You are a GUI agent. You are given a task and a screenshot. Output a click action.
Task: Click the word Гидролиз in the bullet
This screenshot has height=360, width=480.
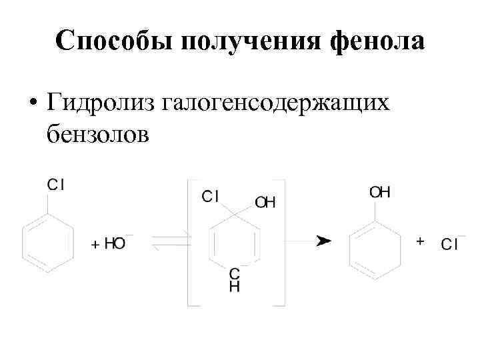[100, 103]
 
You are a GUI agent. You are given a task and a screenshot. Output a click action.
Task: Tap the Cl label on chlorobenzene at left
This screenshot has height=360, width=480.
[56, 185]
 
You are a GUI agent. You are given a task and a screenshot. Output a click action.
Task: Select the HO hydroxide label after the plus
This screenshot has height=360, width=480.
[115, 244]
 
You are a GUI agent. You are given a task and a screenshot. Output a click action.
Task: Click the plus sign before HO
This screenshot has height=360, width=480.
[95, 245]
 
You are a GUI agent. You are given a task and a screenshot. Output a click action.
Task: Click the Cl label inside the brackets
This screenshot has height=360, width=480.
[211, 196]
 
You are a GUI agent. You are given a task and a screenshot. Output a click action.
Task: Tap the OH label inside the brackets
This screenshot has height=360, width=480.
[265, 202]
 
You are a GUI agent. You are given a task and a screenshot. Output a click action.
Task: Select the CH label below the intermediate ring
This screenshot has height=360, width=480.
[234, 281]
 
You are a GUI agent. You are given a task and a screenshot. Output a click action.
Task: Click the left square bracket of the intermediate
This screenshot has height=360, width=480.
[189, 243]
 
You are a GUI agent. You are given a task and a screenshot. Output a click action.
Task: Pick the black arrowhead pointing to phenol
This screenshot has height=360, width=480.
[323, 241]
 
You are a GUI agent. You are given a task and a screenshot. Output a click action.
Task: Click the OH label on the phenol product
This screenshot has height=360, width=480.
[380, 193]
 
